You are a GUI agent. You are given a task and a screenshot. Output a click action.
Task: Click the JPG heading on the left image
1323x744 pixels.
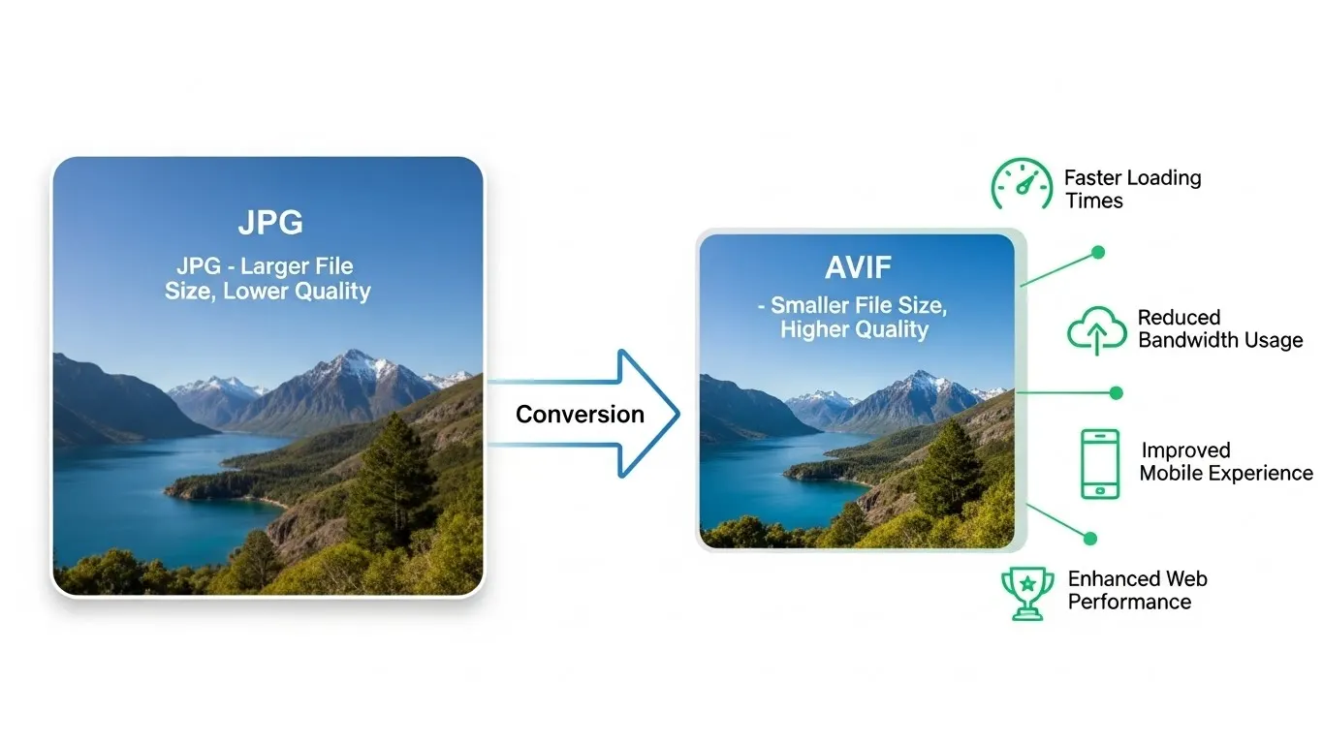point(270,223)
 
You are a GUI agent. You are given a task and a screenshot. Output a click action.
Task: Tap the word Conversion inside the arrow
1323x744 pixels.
point(580,415)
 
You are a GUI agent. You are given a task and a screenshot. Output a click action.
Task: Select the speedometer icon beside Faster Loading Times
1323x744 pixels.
point(1021,185)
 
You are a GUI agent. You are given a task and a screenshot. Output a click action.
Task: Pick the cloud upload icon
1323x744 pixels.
point(1096,330)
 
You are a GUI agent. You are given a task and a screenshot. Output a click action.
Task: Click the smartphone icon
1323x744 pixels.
point(1100,464)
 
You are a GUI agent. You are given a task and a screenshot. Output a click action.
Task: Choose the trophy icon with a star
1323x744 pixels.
point(1026,593)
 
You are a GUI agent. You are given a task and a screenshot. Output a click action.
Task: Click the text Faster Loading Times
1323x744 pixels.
point(1132,190)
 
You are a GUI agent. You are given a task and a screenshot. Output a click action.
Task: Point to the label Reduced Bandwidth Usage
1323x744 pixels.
point(1219,328)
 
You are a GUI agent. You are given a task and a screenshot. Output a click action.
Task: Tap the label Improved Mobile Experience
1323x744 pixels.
point(1225,462)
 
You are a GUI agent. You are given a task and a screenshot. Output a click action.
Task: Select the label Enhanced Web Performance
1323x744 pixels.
point(1137,590)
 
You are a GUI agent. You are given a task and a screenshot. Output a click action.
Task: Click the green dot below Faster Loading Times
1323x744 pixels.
point(1098,253)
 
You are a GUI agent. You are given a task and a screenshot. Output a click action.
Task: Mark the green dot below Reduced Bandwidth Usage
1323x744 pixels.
point(1116,393)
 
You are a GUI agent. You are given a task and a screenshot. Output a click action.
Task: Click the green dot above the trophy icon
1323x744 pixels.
point(1090,538)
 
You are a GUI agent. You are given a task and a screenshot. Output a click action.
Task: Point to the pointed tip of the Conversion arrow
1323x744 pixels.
point(677,415)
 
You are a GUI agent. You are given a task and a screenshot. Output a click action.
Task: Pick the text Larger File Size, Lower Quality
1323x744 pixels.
point(268,278)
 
